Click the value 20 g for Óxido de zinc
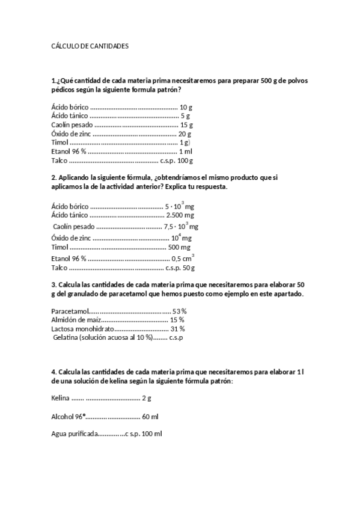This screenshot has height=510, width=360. tap(185, 134)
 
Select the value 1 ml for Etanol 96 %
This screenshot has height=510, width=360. tap(185, 152)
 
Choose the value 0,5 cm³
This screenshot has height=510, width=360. tap(183, 258)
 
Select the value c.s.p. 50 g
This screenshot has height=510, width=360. tap(180, 268)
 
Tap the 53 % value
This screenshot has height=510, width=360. tap(180, 311)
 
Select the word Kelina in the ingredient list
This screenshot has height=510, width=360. tap(61, 398)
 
